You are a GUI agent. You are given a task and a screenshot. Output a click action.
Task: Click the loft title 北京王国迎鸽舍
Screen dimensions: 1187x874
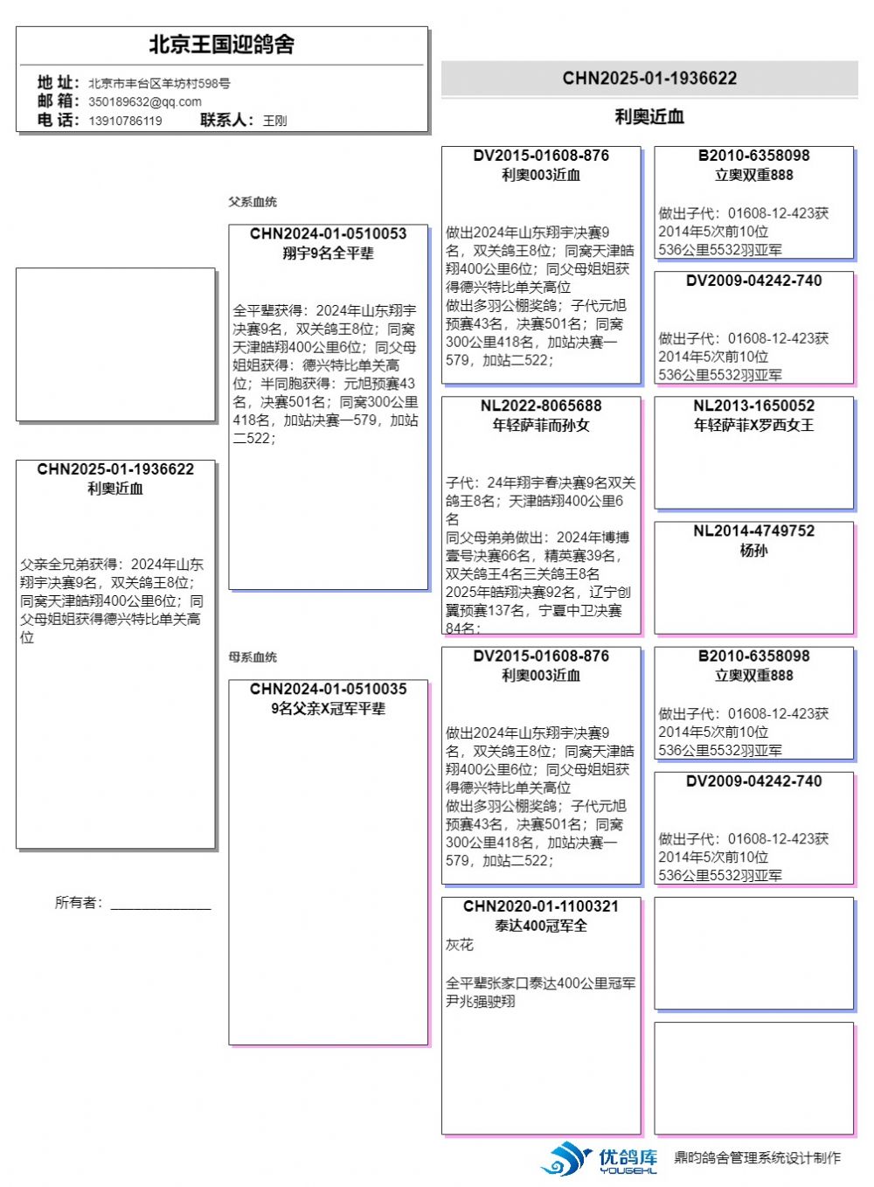coord(221,45)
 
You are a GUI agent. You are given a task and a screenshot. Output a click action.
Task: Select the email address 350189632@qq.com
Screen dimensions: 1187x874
coord(145,101)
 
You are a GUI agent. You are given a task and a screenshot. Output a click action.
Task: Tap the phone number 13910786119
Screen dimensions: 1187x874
coord(125,121)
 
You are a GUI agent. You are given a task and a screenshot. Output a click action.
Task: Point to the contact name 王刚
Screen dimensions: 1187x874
coord(274,121)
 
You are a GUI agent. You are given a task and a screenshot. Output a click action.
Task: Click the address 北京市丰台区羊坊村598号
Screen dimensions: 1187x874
coord(159,83)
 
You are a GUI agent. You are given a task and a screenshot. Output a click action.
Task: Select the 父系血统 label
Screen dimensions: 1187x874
coord(253,202)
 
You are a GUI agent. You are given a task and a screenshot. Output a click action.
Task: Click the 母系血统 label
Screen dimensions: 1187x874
coord(253,657)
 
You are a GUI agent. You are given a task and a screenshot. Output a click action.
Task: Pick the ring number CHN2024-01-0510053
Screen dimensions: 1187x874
coord(328,233)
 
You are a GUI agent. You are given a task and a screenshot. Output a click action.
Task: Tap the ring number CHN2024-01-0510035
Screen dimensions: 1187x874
coord(328,689)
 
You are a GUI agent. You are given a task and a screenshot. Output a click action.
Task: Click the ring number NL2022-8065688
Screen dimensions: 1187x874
coord(541,406)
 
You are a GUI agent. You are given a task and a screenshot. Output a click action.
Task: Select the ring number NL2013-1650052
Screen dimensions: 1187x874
coord(753,406)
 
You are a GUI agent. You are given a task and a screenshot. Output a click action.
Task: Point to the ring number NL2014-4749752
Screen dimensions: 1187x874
coord(753,531)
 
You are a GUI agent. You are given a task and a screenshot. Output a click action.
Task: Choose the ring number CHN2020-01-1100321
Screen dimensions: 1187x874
coord(541,906)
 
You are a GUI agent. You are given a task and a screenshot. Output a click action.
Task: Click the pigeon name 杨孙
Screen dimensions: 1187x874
coord(753,551)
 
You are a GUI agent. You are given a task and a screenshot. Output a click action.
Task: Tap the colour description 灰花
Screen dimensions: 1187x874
coord(460,945)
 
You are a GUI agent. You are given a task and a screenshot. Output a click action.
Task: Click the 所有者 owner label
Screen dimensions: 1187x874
coord(79,902)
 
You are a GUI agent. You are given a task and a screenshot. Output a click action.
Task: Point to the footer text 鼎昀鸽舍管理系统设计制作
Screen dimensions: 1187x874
coord(757,1158)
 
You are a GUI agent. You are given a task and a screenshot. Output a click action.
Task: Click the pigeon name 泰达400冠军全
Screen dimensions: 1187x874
coord(541,926)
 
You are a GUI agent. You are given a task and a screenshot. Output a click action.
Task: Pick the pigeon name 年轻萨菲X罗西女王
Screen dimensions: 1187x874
coord(753,426)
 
